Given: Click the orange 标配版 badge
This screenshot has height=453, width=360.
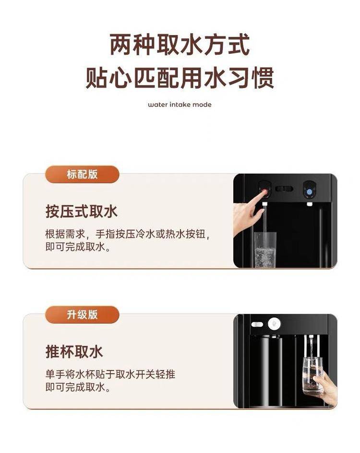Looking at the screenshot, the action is (x=82, y=174).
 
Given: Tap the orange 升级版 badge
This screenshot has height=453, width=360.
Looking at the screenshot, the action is (x=82, y=314).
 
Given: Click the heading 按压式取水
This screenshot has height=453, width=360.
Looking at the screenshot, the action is (x=82, y=212).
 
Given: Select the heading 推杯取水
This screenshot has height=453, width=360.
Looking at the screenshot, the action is (x=74, y=352).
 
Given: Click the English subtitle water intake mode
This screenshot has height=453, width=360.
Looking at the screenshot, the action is (x=180, y=105).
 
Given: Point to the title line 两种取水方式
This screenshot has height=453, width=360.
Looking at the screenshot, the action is (x=180, y=45).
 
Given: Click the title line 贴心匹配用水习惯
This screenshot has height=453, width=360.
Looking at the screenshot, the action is (x=180, y=78).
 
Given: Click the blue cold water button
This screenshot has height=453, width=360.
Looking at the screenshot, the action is (x=309, y=191).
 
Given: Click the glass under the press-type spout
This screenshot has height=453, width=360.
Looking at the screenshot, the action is (x=265, y=250).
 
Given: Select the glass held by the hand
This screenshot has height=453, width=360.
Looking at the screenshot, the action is (x=312, y=375).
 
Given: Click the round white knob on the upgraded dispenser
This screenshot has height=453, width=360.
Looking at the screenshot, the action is (x=274, y=324).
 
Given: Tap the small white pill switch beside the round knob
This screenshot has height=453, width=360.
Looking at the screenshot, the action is (x=257, y=324).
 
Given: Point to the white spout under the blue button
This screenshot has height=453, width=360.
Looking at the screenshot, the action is (x=309, y=204).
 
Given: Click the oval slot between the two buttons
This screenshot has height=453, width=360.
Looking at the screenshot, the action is (x=284, y=189).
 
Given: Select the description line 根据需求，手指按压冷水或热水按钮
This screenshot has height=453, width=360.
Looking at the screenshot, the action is (x=127, y=234).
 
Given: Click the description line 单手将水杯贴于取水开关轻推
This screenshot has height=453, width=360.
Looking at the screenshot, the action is (x=110, y=374).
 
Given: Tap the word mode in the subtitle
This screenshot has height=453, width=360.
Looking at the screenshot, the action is (x=202, y=105).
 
